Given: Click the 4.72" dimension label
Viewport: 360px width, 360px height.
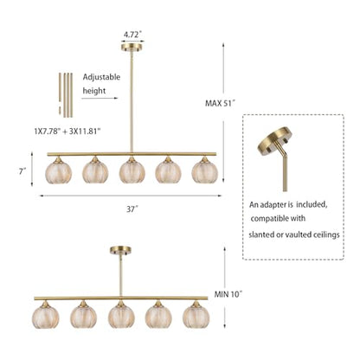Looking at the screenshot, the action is coord(132,35).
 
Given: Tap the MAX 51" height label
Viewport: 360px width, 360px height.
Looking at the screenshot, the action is coord(220,103).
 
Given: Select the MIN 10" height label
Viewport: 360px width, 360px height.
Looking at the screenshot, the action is coord(228,294).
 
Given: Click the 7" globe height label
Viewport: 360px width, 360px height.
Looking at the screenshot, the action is coord(22,171).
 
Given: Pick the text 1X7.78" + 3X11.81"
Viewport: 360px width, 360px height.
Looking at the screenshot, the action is coord(67,132).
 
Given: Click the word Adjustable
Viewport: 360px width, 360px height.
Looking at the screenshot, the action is coord(101,77).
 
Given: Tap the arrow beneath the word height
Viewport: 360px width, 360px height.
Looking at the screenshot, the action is coord(100,98).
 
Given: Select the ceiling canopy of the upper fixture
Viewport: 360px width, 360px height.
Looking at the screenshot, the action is coord(132,47).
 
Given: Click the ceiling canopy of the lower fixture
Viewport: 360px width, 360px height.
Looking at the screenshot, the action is coord(120,250).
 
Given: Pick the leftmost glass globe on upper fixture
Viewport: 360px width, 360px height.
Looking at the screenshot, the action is coord(59,172).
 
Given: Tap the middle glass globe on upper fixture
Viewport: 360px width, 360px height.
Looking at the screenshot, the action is coord(132,172).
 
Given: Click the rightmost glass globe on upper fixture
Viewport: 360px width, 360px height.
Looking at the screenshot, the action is coord(205,172).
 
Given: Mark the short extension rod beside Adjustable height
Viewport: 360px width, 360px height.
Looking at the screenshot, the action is coord(60,93).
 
